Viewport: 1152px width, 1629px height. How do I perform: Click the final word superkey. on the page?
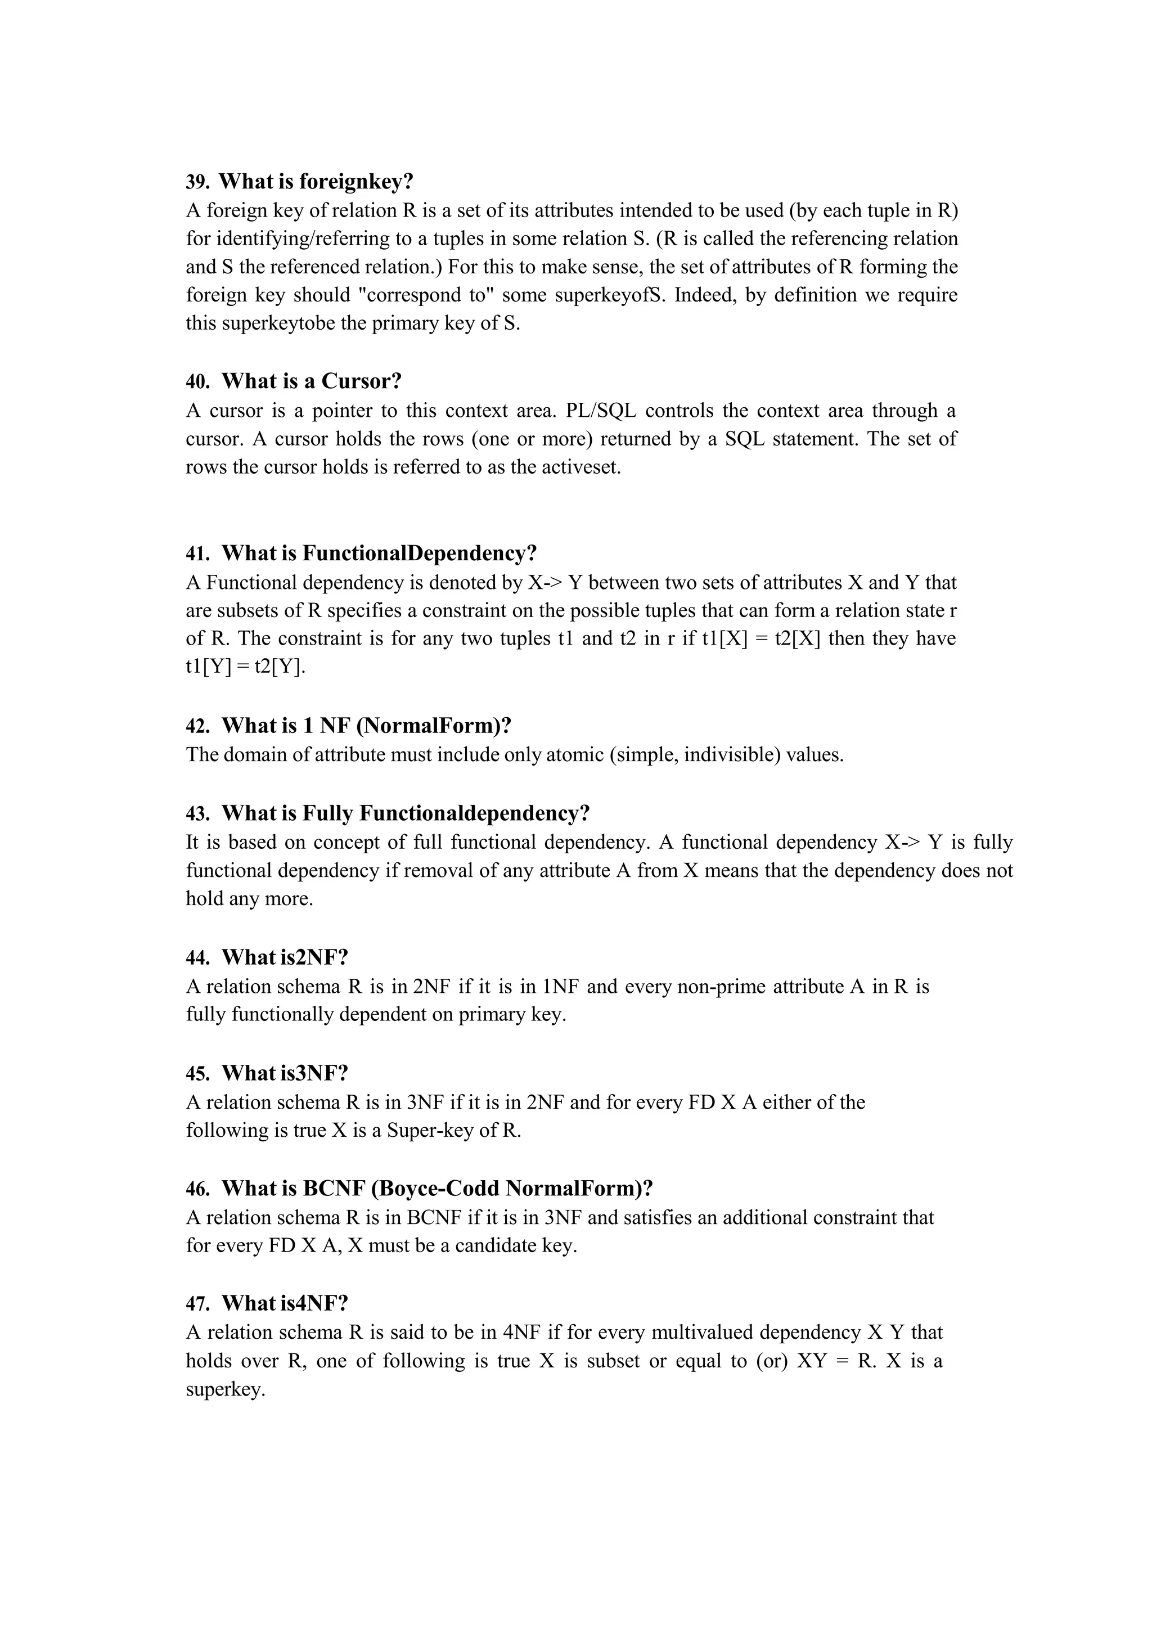tap(225, 1389)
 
